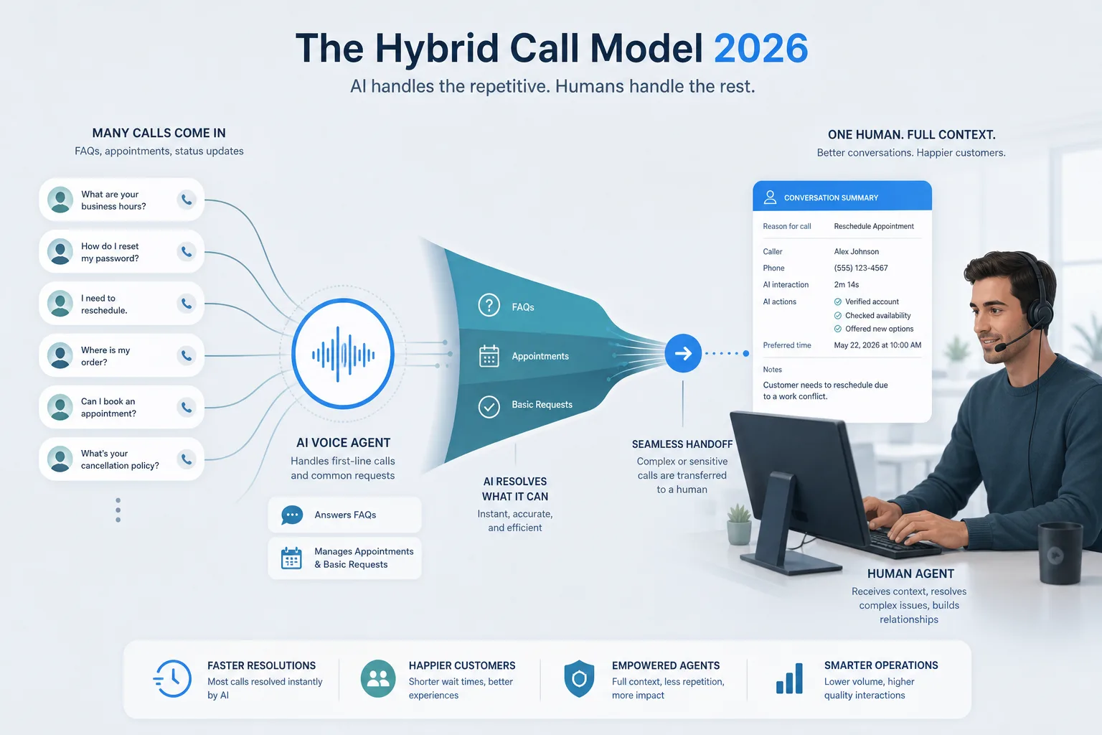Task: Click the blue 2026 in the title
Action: (760, 48)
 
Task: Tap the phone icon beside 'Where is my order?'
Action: (187, 355)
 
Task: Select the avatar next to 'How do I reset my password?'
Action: (60, 251)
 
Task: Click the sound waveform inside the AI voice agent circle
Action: (343, 354)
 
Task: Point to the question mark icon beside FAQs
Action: (489, 305)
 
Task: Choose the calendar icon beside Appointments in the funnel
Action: (489, 356)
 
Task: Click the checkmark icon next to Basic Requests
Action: (489, 407)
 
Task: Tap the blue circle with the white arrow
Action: (683, 353)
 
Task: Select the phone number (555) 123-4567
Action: (861, 268)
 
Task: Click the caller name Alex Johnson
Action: (857, 251)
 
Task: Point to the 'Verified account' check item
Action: (867, 301)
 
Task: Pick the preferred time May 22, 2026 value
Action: (877, 345)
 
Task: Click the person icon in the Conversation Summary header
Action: (770, 197)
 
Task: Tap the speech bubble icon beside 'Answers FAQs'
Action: (292, 515)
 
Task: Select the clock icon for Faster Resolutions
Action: (172, 679)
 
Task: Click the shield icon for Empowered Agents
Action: (579, 678)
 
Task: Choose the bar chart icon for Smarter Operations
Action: (789, 678)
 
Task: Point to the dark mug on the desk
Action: (1060, 553)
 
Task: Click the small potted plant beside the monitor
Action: (739, 524)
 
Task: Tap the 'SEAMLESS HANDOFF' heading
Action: (682, 444)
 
